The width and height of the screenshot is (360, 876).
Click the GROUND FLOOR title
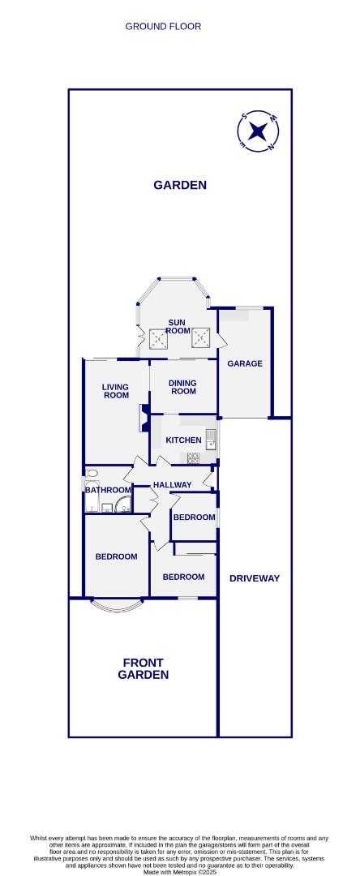(x=163, y=27)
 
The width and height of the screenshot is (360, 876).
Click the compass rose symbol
(x=258, y=131)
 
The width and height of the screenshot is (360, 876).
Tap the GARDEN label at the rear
(x=180, y=185)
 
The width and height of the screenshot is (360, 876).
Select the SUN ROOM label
(x=178, y=326)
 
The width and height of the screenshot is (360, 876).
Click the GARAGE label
(x=244, y=363)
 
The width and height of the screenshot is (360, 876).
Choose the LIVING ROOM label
(x=115, y=391)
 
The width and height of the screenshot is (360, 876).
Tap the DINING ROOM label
(x=182, y=386)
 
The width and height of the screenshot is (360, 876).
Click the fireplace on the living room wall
(x=144, y=414)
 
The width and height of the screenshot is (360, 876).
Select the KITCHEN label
(x=183, y=440)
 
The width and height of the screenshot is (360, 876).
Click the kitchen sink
(x=209, y=439)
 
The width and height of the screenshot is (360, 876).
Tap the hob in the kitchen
(x=195, y=458)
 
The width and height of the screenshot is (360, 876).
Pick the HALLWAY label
(x=172, y=485)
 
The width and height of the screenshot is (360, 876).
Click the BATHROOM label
(x=108, y=490)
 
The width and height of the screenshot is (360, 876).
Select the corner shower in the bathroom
(x=121, y=507)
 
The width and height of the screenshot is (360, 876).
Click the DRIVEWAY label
(x=254, y=578)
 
